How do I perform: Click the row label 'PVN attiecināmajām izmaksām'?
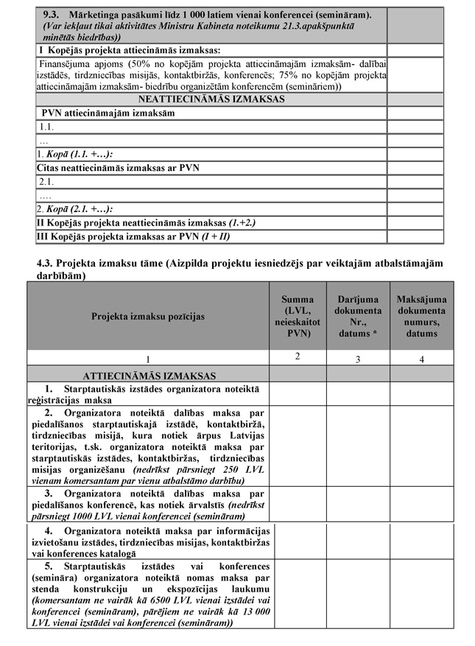(x=108, y=113)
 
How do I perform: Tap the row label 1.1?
(x=48, y=127)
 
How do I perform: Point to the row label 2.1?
(x=48, y=182)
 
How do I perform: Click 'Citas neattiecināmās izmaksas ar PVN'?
(x=118, y=168)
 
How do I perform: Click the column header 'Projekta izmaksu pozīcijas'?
(x=148, y=316)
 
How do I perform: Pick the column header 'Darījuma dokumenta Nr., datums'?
(x=359, y=316)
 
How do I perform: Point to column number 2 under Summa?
(x=297, y=357)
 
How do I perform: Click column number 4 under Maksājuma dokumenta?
(x=421, y=359)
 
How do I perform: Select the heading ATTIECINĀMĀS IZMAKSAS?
(x=149, y=375)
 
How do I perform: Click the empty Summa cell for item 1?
(x=297, y=394)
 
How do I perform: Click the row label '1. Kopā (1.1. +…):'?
(x=74, y=154)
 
